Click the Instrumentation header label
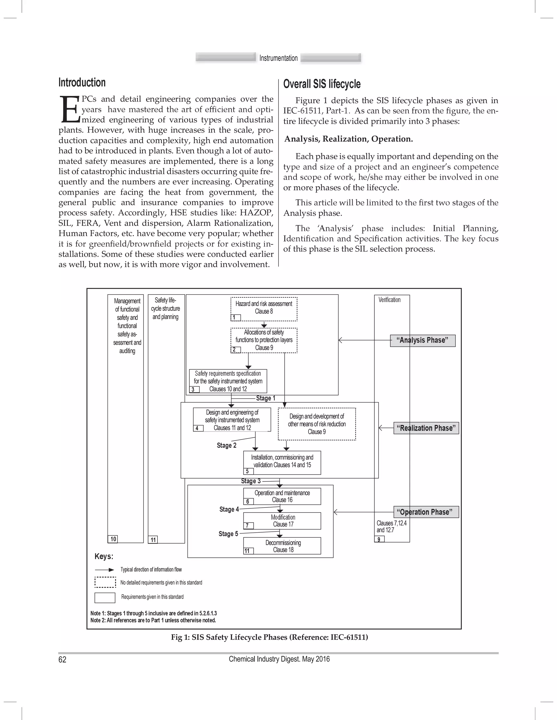tap(278, 58)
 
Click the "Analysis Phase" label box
tap(422, 340)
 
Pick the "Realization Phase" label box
tap(426, 428)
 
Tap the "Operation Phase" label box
tap(426, 512)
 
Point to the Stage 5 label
tap(228, 534)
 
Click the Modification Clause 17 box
tap(282, 521)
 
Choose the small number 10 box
tap(113, 539)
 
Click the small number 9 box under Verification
tap(379, 539)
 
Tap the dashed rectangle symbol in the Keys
tap(105, 582)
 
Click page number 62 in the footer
tap(62, 659)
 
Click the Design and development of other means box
tap(317, 424)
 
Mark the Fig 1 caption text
tap(269, 637)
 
